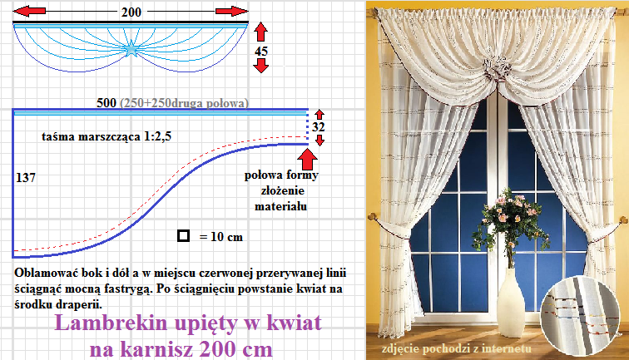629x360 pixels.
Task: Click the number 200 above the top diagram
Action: (131, 12)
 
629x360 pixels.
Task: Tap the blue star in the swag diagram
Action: (131, 49)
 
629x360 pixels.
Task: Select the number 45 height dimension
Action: (261, 51)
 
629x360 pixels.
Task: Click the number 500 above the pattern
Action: (106, 102)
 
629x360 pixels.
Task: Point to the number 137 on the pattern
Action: (26, 177)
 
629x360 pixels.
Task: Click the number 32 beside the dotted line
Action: (319, 126)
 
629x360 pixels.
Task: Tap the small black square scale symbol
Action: (183, 236)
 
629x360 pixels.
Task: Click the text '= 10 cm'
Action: (221, 237)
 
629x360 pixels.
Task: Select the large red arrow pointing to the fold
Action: (307, 159)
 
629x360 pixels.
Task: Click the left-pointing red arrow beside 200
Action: (29, 12)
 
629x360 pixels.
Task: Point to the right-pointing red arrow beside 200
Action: (232, 12)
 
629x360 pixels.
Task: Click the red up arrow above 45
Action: (260, 32)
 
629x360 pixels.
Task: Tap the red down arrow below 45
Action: (261, 66)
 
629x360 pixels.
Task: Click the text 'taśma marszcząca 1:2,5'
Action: (106, 136)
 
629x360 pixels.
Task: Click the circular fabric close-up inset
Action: (579, 315)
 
